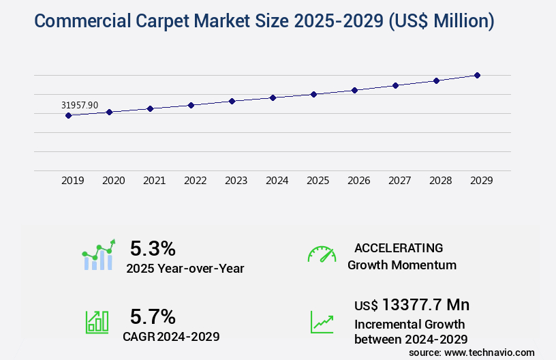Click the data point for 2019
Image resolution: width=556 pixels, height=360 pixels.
[68, 115]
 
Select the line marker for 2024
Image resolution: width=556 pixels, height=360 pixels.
[273, 97]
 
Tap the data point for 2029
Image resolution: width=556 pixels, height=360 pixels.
[477, 75]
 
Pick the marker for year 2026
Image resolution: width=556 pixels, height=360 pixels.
[354, 90]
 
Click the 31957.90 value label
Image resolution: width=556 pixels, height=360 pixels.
[80, 105]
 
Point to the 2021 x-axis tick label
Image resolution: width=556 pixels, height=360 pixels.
[155, 181]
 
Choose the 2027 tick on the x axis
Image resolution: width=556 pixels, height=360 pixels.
[400, 181]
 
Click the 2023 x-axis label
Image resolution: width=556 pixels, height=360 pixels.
[236, 181]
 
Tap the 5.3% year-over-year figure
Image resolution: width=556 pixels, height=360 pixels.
[153, 249]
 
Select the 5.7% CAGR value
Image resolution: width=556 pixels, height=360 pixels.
[153, 316]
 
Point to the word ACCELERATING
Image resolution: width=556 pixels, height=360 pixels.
[399, 248]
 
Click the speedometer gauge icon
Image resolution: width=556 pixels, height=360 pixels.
[322, 254]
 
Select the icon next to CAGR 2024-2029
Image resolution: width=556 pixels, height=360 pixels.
[97, 322]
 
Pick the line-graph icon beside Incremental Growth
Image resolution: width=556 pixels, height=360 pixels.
[322, 322]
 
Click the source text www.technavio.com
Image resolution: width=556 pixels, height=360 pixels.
[490, 352]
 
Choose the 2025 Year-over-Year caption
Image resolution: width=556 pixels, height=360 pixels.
[185, 269]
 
